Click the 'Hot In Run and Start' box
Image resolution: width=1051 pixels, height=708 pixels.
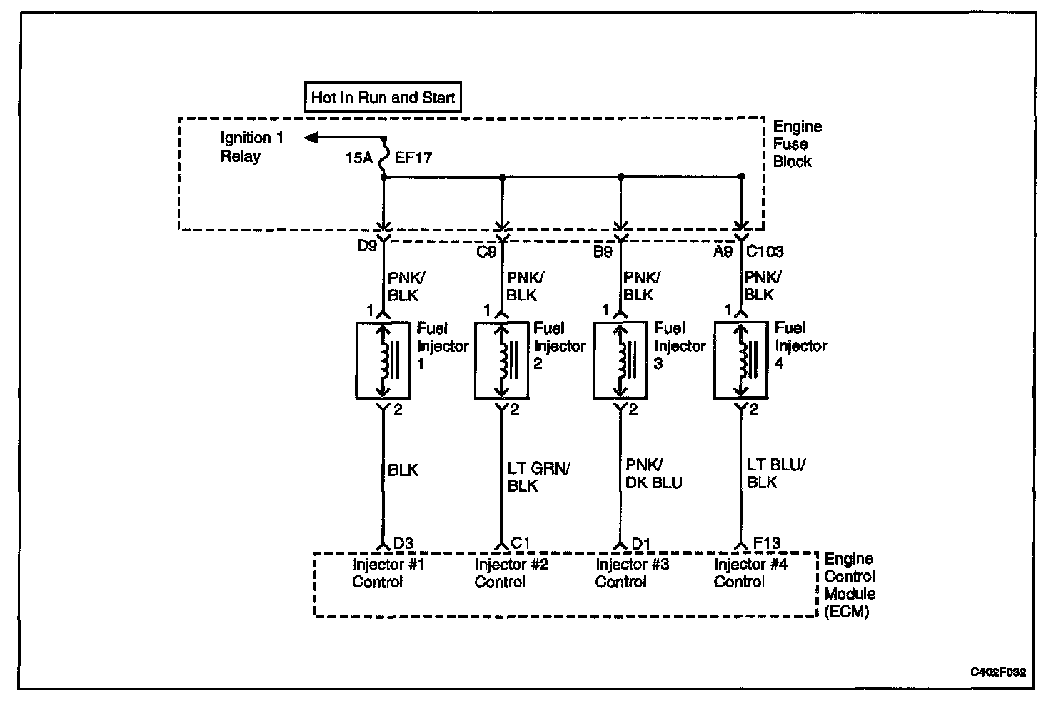383,97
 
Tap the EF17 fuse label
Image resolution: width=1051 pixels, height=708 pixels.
413,158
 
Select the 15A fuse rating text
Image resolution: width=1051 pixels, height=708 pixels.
360,158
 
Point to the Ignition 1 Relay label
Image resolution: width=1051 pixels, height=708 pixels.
251,147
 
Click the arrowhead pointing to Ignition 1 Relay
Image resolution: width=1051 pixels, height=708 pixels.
311,138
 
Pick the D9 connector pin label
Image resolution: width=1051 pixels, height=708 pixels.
367,246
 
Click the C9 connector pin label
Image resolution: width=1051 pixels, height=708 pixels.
486,251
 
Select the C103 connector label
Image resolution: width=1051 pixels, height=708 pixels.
765,251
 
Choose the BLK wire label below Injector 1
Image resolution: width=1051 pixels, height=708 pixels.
403,470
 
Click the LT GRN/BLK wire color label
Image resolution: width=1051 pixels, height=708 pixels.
538,477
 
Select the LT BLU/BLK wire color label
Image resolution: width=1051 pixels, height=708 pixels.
776,473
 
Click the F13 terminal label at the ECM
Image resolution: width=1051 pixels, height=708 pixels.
768,544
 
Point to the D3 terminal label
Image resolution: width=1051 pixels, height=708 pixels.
403,544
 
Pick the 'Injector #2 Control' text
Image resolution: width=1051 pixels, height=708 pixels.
511,573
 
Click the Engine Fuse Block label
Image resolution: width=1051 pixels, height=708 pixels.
797,144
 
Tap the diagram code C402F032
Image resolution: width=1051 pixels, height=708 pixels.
997,672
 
